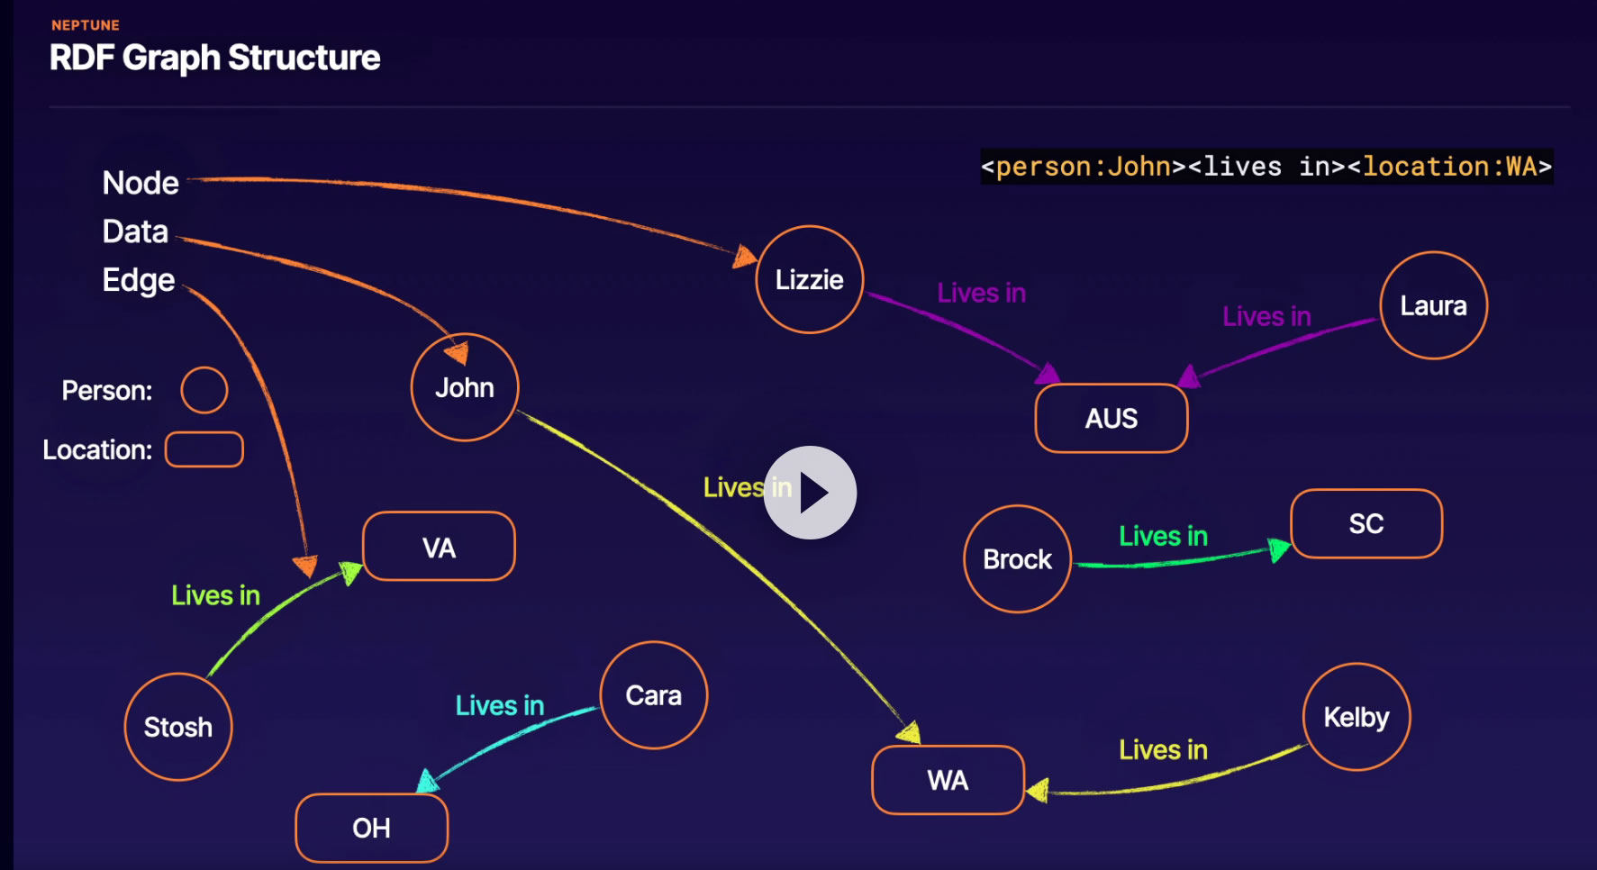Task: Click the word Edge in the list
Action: point(139,280)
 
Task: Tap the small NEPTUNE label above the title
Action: point(86,25)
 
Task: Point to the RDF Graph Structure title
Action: point(215,58)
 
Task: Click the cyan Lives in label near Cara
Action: point(500,705)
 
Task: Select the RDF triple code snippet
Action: point(1266,167)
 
